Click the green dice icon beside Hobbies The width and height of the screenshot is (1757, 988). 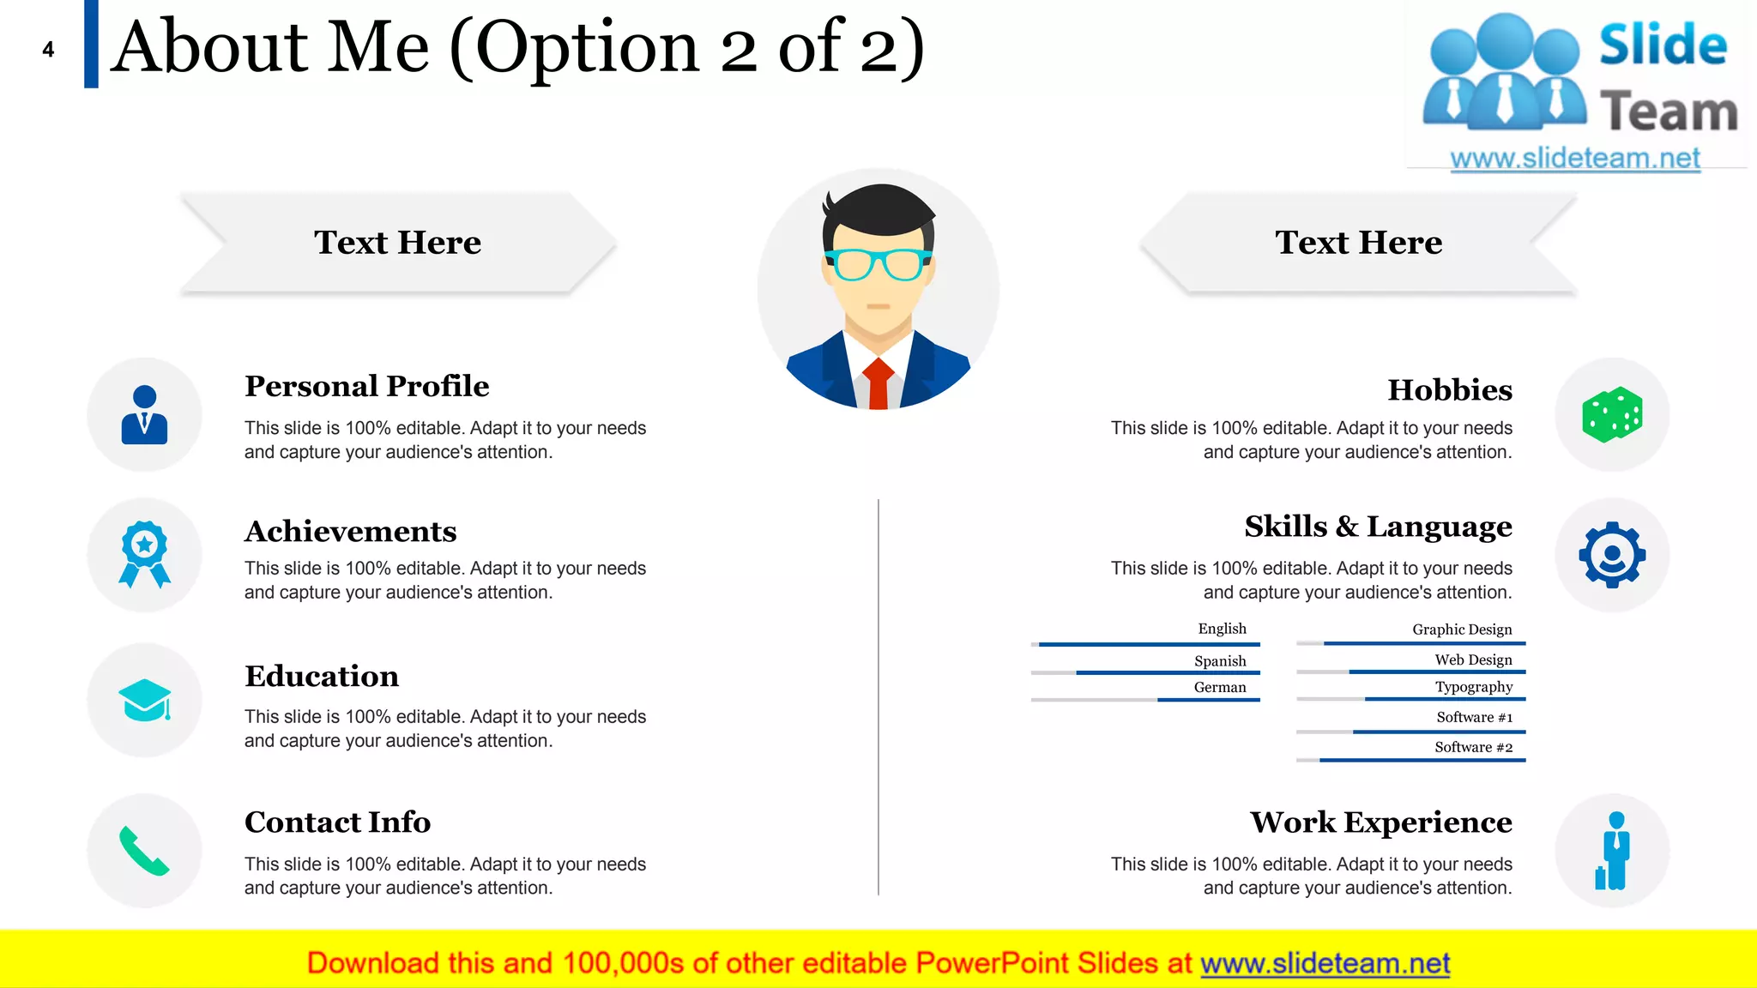pyautogui.click(x=1612, y=415)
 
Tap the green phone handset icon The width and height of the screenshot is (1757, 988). pyautogui.click(x=143, y=851)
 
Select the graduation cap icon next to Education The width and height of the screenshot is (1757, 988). pyautogui.click(x=144, y=700)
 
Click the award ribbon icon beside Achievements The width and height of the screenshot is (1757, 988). pyautogui.click(x=144, y=554)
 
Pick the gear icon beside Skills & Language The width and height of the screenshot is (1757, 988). pyautogui.click(x=1612, y=555)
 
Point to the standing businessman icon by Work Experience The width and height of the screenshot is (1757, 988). pyautogui.click(x=1614, y=851)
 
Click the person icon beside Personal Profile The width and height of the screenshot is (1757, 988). pyautogui.click(x=144, y=415)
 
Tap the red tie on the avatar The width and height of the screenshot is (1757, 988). pyautogui.click(x=878, y=383)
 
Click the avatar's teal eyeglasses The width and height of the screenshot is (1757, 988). pyautogui.click(x=877, y=264)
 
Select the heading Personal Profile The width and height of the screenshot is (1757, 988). pyautogui.click(x=366, y=386)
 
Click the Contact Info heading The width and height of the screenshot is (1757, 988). pyautogui.click(x=337, y=822)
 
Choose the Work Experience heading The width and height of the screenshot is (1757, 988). pyautogui.click(x=1380, y=822)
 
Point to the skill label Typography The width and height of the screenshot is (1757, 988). pyautogui.click(x=1473, y=687)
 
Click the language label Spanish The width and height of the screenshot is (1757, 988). pyautogui.click(x=1219, y=661)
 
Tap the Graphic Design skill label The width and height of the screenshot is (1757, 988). pyautogui.click(x=1462, y=630)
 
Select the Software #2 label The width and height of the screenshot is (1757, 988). pyautogui.click(x=1473, y=747)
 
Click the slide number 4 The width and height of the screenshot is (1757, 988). pyautogui.click(x=48, y=50)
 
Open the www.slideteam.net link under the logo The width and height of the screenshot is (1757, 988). pyautogui.click(x=1574, y=159)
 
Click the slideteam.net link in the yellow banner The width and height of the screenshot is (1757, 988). pyautogui.click(x=1325, y=964)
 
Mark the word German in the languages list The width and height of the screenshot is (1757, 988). pyautogui.click(x=1219, y=687)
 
